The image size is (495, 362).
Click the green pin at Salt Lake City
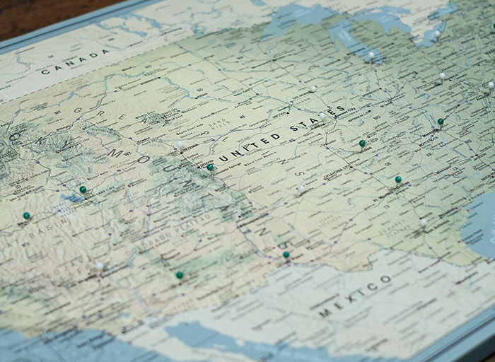pos(83,189)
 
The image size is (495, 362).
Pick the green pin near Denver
pos(210,167)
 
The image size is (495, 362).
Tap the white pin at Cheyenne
pos(180,144)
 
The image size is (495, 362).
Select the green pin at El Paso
pos(286,255)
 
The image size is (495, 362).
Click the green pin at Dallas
pos(398,180)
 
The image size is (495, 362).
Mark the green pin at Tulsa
pos(362,144)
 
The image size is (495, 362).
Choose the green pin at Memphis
pos(441,122)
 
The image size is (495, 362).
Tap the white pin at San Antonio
pos(423,221)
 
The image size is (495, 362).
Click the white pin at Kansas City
pos(322,115)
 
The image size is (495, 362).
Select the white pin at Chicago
pos(371,54)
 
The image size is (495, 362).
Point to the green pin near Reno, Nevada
pos(26,216)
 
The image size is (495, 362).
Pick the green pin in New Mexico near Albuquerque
pos(180,274)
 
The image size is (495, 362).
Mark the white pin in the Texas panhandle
pos(302,188)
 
